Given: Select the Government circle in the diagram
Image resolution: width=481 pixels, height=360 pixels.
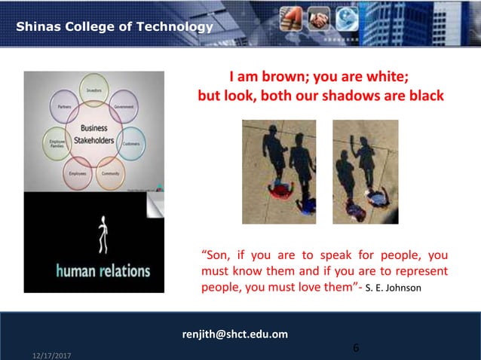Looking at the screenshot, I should coord(123,106).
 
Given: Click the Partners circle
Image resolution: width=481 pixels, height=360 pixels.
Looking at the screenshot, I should coord(66,107).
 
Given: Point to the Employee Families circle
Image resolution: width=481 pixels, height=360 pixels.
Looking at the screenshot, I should coord(56,142).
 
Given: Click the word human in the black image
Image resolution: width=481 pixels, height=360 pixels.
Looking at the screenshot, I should coord(78,270).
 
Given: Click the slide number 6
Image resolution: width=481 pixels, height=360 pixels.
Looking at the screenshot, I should coord(356,348).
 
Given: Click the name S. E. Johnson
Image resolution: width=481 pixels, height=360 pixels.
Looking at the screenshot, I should coord(396,288).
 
